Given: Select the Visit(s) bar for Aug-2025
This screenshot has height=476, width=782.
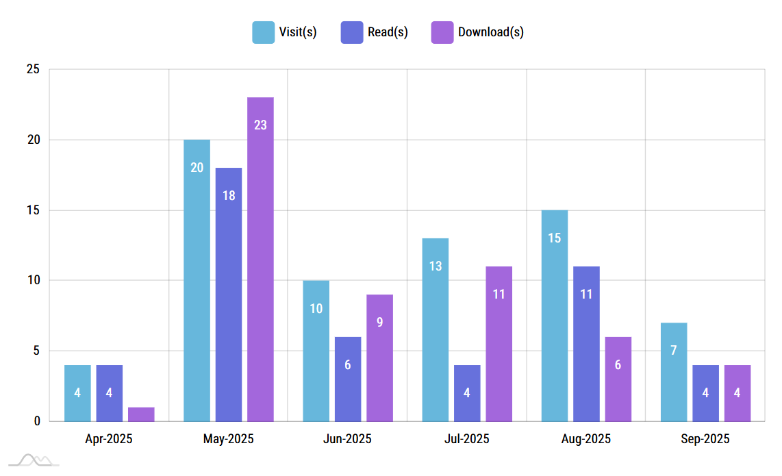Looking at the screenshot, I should coord(554,315).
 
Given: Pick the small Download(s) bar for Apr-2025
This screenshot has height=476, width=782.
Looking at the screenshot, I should coord(141,414).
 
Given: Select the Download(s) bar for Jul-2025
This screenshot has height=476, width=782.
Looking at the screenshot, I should coord(499,343).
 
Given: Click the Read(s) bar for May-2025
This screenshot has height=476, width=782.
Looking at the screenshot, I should coord(229,294).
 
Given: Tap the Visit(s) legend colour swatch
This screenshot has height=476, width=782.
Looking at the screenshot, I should coord(263,32).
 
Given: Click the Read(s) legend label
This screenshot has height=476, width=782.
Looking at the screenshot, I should coord(388,32).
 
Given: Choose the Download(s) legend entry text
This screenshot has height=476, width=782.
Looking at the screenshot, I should coord(491,32).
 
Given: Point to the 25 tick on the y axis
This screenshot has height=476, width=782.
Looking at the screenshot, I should coord(33,70).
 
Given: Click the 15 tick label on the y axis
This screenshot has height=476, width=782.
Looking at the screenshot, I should coord(33,210).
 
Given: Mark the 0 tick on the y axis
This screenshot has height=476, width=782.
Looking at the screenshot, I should coord(36,421).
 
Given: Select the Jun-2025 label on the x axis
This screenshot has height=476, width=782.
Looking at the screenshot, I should coord(347,439).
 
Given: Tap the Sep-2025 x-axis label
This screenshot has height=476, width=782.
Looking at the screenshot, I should coord(705,439).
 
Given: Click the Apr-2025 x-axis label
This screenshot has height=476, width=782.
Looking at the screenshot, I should coord(109,439).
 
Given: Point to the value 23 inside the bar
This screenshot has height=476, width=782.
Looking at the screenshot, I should coord(260,125).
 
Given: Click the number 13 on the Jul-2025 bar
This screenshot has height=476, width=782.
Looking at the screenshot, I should coord(436,266).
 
